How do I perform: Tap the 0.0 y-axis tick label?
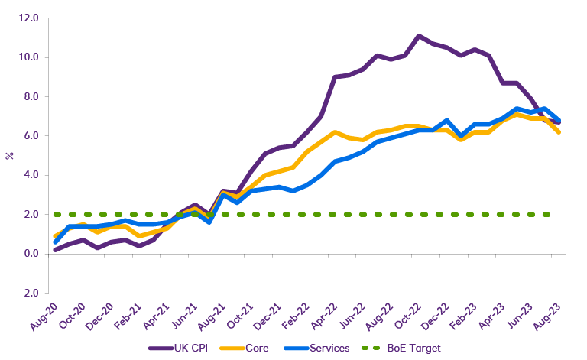[30, 254]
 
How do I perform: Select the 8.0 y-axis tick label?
[30, 96]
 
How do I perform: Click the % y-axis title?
[9, 155]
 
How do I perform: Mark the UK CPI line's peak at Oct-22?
[419, 36]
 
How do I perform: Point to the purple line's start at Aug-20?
[55, 250]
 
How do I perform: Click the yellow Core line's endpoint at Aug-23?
[559, 132]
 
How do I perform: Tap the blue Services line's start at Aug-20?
[55, 242]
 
